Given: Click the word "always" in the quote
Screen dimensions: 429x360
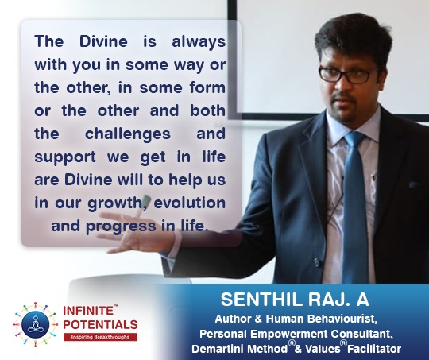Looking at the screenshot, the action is coord(199,42).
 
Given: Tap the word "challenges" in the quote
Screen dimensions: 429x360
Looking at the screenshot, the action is coord(128,134).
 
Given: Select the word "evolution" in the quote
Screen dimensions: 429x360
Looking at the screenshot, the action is coord(190,203).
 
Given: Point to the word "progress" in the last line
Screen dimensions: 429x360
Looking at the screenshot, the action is coord(122,227).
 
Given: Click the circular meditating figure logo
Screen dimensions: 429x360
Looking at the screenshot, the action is coord(35,324).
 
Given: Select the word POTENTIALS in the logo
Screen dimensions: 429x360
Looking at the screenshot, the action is coord(100,325).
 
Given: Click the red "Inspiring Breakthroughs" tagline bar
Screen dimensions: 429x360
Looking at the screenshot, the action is coord(100,337).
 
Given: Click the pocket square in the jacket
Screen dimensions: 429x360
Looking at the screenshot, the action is coord(414,185).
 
